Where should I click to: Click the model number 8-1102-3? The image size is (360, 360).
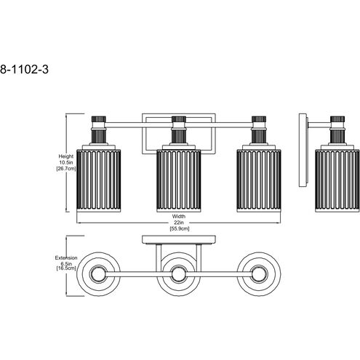[24, 70]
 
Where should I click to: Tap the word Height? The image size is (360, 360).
[65, 156]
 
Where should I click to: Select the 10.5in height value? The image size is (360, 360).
[66, 162]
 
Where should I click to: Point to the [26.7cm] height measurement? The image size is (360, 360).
[66, 169]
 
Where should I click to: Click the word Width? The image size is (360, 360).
[179, 216]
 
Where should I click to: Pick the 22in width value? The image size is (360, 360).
[179, 223]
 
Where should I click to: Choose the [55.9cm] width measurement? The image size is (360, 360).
[179, 228]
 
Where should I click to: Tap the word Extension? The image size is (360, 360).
[66, 257]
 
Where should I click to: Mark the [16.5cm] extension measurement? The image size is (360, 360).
[66, 268]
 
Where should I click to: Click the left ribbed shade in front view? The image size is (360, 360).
[98, 180]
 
